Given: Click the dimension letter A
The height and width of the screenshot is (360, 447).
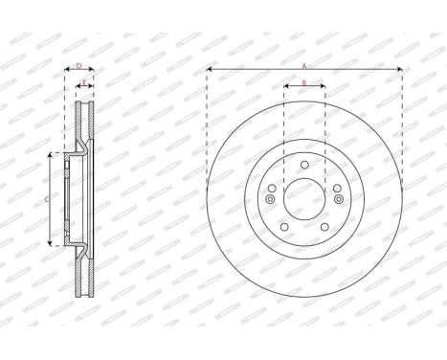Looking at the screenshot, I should [x=303, y=65].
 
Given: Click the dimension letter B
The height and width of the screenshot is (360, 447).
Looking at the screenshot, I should [x=303, y=83].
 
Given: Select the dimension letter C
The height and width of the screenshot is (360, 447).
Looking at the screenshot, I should [x=48, y=198].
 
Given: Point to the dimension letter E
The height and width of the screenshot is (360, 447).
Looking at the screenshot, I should [x=84, y=83].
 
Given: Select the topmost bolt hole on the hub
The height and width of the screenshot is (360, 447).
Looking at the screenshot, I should [x=304, y=164].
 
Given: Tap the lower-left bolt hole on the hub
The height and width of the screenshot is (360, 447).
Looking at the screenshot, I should [x=283, y=228].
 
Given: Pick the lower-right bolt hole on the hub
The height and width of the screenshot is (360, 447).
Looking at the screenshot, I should [x=325, y=228].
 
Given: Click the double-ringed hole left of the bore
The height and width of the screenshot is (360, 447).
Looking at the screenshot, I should [x=270, y=199].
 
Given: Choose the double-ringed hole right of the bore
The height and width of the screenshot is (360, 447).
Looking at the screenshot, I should [x=339, y=199].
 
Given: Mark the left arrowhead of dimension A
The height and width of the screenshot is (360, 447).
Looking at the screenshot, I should [x=209, y=70].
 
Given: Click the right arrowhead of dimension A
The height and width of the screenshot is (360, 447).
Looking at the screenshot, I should [x=400, y=70].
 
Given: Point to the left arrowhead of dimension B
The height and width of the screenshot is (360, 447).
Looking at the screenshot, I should [x=285, y=88].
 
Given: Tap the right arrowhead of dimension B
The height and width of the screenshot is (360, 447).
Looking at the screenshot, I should [x=324, y=88].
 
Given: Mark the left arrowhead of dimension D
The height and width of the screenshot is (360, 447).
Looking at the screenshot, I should [x=66, y=70].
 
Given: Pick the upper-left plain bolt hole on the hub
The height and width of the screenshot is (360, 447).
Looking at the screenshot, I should [x=272, y=188].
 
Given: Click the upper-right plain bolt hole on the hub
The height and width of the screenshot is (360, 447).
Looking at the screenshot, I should [x=337, y=188].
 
